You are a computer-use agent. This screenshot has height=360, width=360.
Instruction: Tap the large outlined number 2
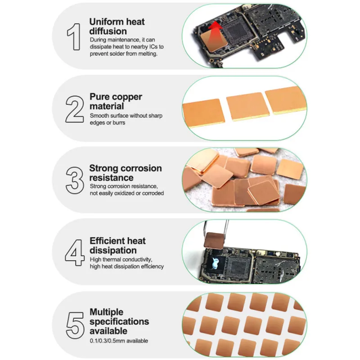75,109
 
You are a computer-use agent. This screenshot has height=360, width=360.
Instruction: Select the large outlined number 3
75,180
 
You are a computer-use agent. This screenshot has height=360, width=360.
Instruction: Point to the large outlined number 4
75,252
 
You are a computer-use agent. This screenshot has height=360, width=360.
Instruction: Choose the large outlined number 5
75,325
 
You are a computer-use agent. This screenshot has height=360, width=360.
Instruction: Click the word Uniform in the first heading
107,22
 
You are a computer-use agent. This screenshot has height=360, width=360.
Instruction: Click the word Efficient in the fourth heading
106,241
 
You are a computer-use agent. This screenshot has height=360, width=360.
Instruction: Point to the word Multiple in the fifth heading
107,312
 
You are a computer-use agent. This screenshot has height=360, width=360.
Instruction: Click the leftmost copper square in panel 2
203,113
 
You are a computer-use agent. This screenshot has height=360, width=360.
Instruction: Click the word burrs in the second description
119,123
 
